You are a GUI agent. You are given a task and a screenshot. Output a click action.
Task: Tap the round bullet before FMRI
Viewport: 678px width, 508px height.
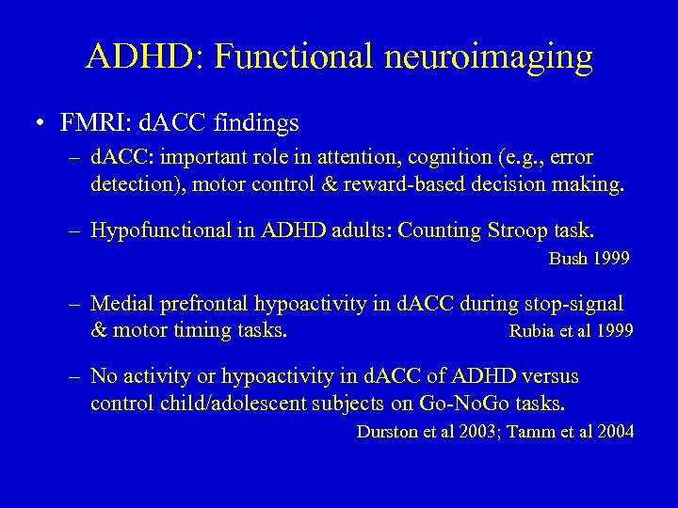pos(40,123)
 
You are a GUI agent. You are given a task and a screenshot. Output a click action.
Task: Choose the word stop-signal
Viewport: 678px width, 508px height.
pos(569,304)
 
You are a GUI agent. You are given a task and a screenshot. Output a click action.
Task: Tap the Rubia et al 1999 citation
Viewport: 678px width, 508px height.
pos(571,331)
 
